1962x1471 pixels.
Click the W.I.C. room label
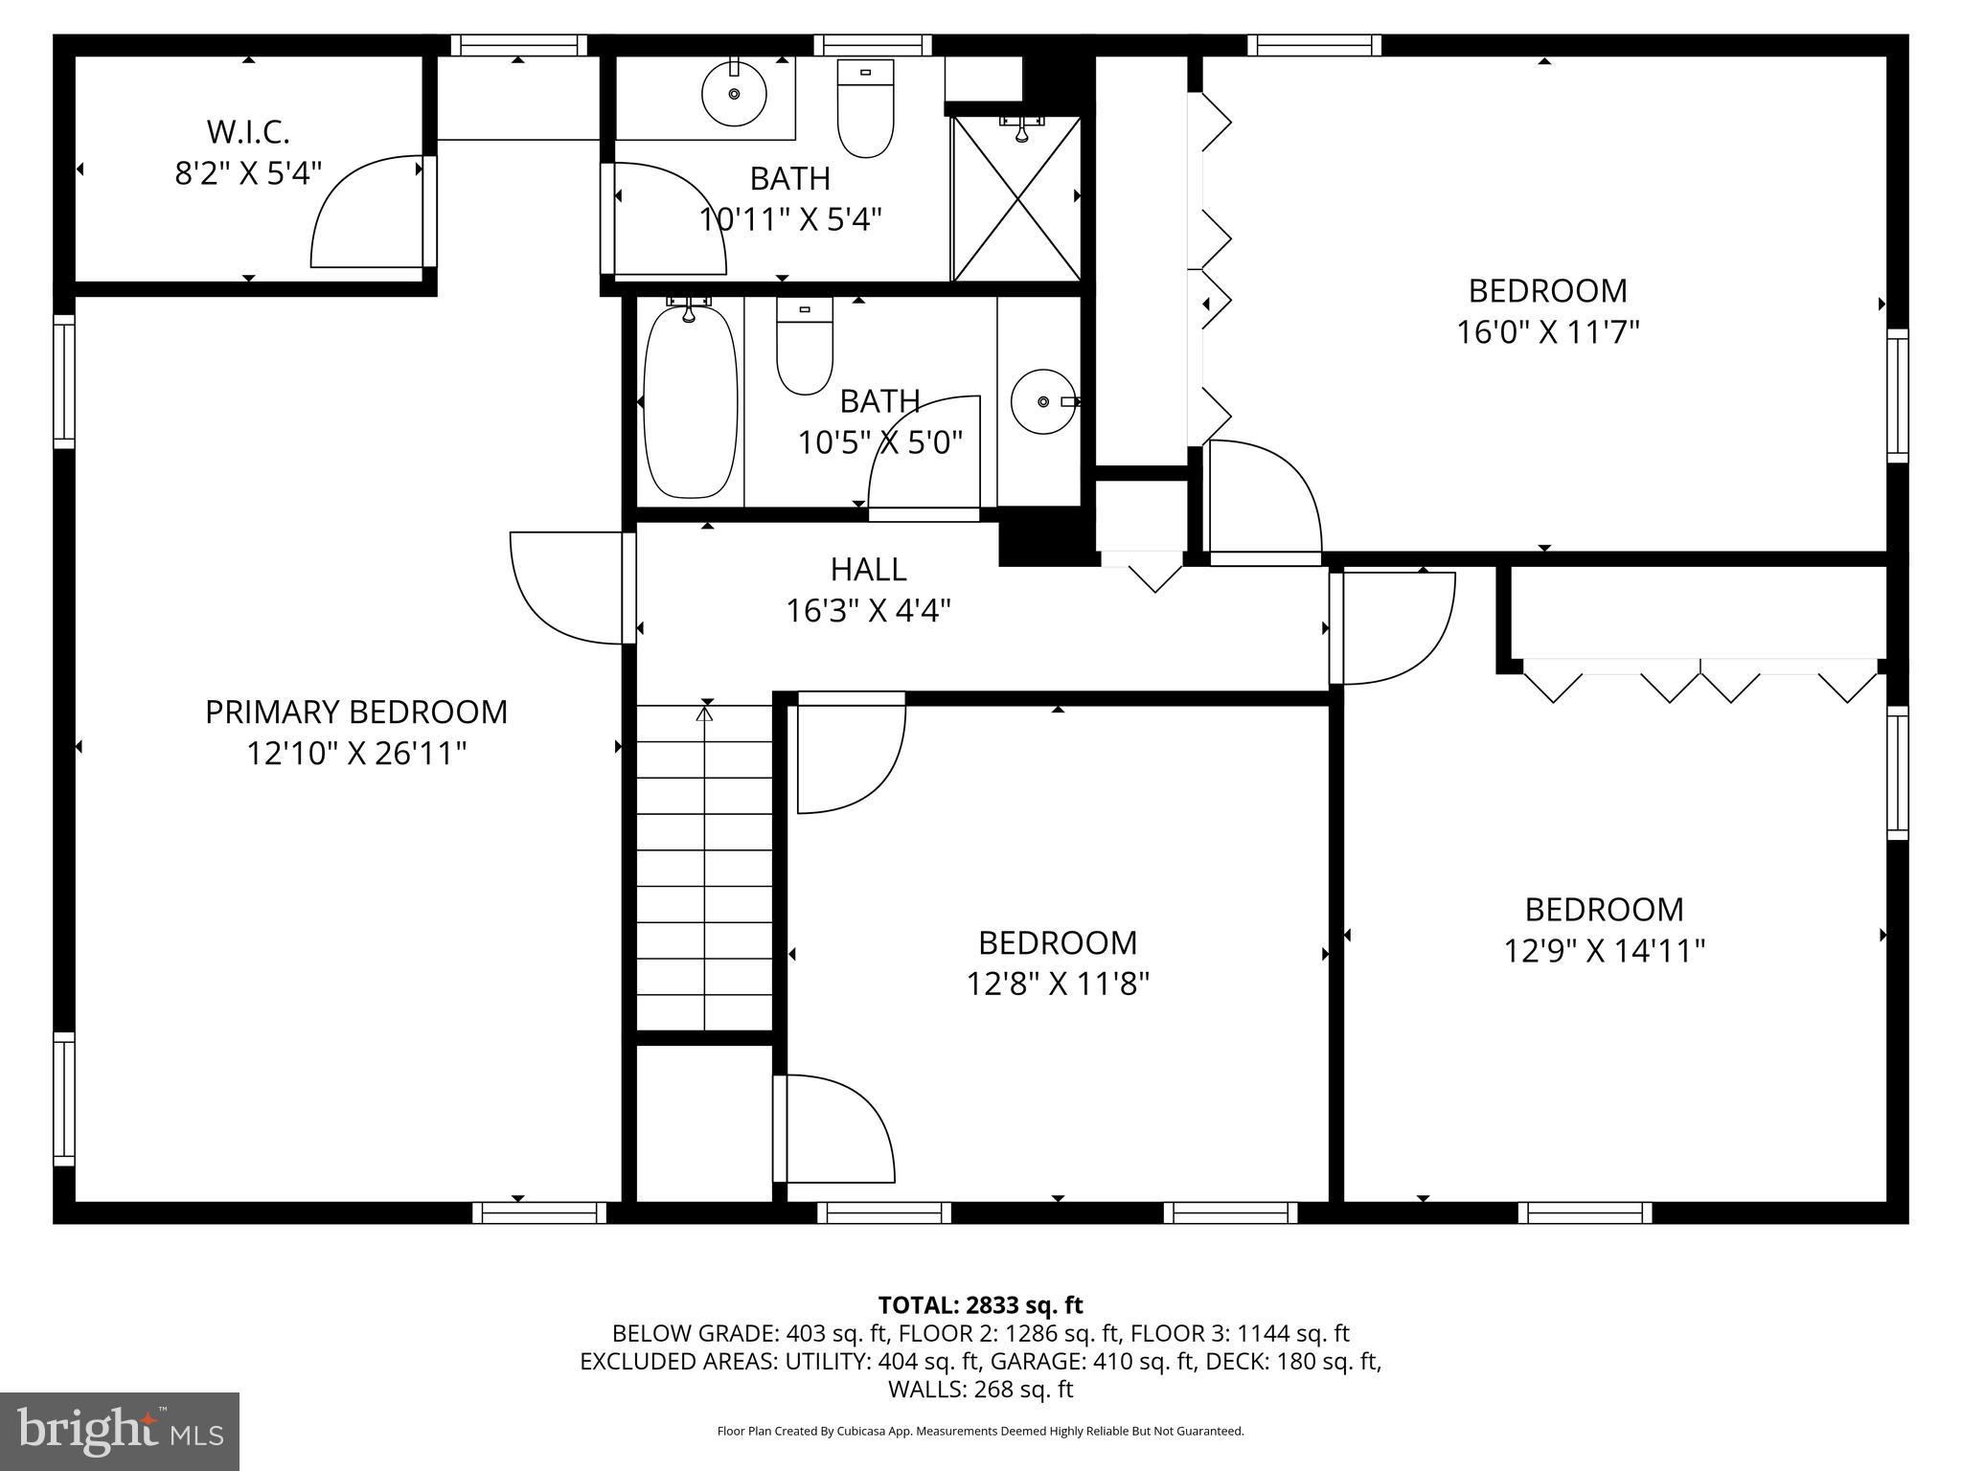point(248,131)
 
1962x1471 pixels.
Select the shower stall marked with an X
point(1016,198)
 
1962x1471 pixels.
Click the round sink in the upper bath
point(734,94)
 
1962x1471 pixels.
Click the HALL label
point(868,569)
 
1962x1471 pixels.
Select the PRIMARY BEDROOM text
point(356,713)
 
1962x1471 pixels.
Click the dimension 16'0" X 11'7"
point(1547,332)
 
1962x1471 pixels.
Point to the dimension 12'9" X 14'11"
point(1604,951)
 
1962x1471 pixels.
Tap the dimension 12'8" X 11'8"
point(1058,984)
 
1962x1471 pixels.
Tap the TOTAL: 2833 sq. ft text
point(980,1304)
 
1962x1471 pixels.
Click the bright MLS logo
point(120,1431)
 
